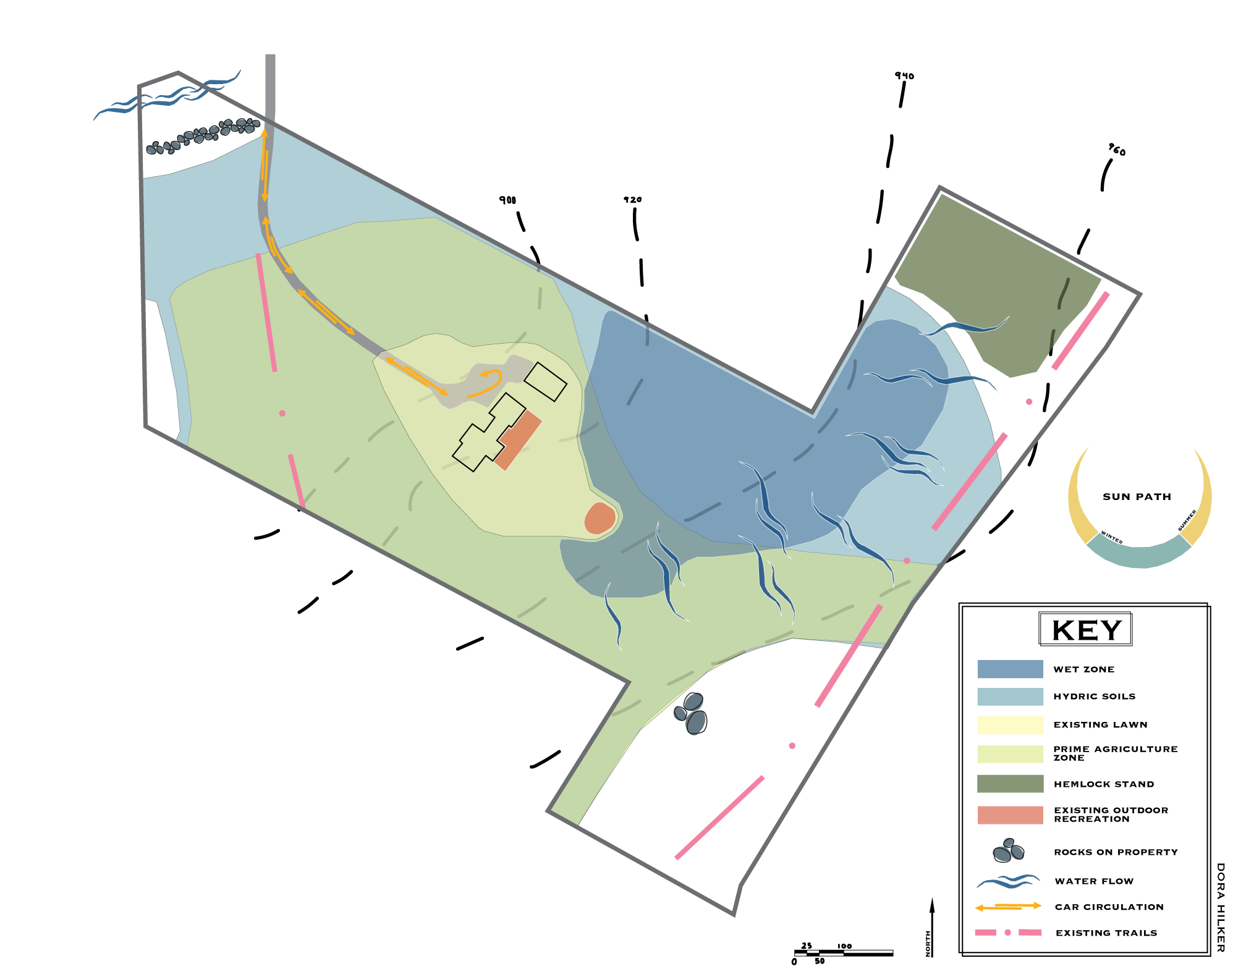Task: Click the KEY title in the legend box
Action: click(1086, 630)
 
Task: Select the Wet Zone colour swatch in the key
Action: click(1010, 669)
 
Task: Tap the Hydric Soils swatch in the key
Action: click(1010, 697)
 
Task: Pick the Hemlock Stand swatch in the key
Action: click(1010, 784)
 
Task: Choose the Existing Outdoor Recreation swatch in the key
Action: click(1010, 815)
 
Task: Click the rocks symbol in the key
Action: click(1008, 851)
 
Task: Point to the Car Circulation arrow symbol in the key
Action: click(1008, 907)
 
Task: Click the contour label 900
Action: click(507, 200)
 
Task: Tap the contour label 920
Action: click(632, 200)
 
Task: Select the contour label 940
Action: click(904, 76)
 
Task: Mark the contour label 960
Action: click(1117, 150)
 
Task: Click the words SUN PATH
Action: click(1137, 497)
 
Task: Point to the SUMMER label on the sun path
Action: click(1187, 520)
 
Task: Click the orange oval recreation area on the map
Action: click(600, 519)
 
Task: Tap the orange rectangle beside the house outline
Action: click(518, 440)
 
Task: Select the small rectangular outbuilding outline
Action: click(545, 381)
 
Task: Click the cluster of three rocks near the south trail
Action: click(692, 713)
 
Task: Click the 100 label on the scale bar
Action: click(844, 946)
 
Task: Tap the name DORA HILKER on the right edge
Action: click(1220, 907)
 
